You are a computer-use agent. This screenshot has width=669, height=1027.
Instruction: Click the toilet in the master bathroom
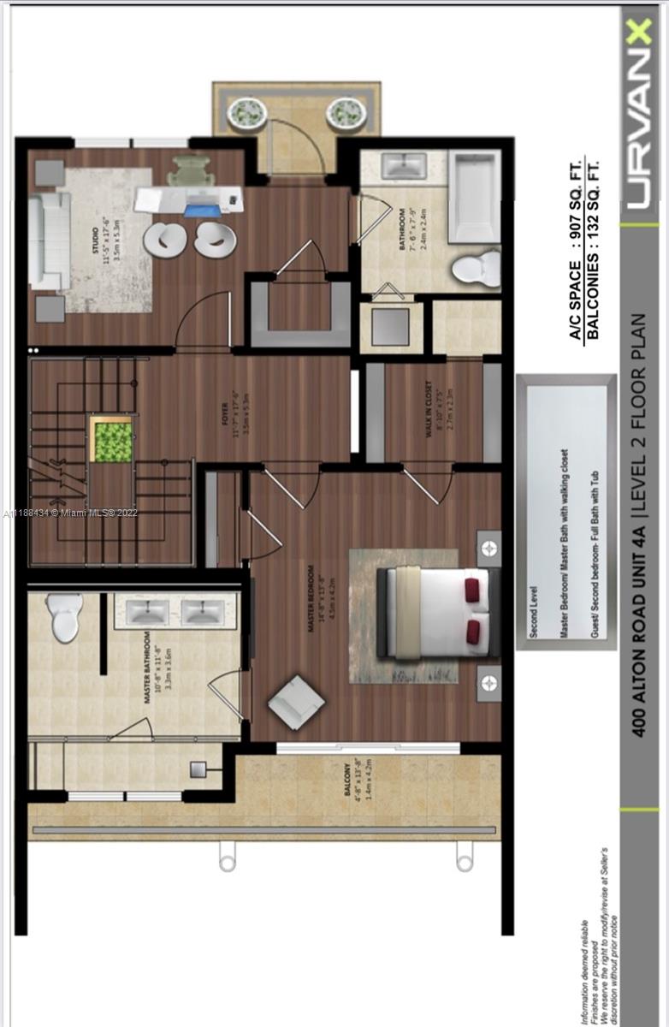[x=66, y=616]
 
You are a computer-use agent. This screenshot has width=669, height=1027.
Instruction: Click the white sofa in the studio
[x=50, y=240]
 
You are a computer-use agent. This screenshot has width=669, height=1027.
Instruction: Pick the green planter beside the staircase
[x=112, y=441]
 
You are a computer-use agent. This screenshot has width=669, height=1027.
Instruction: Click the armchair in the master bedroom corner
[x=296, y=703]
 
